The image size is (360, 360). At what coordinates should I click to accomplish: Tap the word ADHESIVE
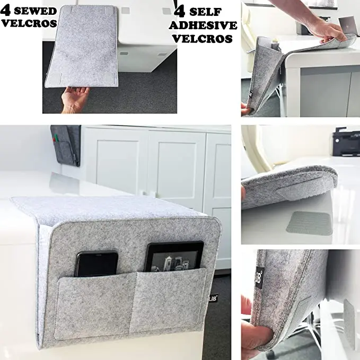point(203,25)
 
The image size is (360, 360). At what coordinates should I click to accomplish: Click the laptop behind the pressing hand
point(348,25)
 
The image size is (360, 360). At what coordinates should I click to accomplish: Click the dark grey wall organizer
point(66,143)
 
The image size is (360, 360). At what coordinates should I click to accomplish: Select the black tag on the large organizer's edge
point(213,298)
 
